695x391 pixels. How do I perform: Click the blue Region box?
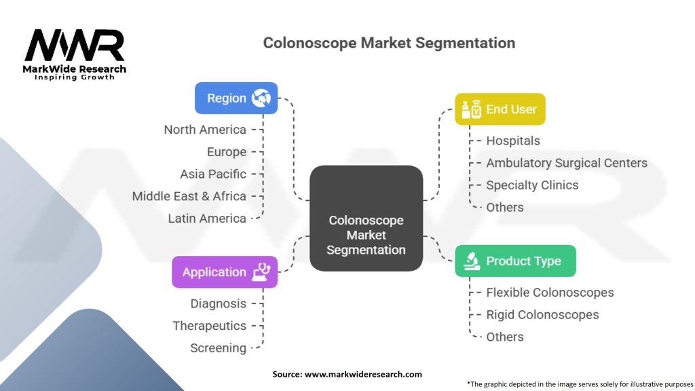(x=236, y=98)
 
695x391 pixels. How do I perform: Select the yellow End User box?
(x=500, y=109)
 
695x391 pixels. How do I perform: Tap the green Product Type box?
(x=516, y=261)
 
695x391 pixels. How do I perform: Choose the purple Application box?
(x=225, y=272)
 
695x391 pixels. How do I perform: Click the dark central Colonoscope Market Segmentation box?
(x=366, y=219)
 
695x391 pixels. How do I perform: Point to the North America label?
(x=205, y=130)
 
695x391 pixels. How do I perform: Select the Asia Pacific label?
(x=212, y=174)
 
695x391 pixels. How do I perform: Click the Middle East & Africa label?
(x=189, y=196)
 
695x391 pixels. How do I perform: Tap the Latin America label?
(x=206, y=218)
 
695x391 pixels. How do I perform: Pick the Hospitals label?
(x=513, y=141)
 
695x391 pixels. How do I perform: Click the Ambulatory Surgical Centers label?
(x=567, y=163)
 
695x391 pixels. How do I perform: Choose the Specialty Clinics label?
(x=532, y=185)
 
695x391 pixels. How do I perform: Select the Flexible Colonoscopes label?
(x=550, y=293)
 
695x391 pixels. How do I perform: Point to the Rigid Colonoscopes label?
(x=542, y=315)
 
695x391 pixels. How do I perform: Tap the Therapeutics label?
(x=209, y=326)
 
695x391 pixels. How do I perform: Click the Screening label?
(x=218, y=348)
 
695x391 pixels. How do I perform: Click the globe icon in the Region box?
(x=261, y=98)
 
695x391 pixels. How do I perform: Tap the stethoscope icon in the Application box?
(x=261, y=272)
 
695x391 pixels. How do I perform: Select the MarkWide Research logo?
(x=75, y=54)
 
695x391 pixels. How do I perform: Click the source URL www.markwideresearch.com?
(x=363, y=374)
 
